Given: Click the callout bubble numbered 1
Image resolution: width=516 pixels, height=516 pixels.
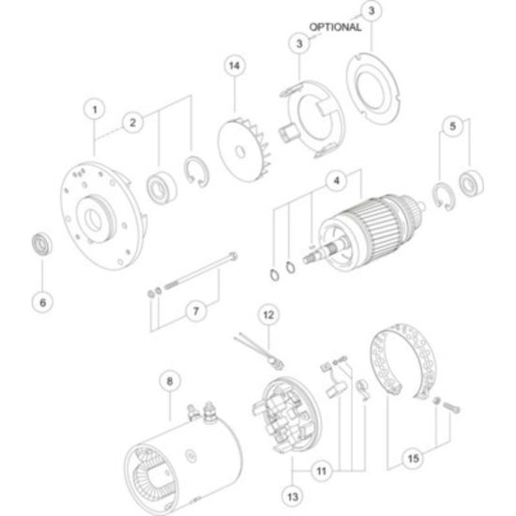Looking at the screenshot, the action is (x=95, y=109).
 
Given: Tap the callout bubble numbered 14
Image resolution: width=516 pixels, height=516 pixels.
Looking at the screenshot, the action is (x=235, y=66).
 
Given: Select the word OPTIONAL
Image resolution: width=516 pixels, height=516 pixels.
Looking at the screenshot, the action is (x=335, y=27).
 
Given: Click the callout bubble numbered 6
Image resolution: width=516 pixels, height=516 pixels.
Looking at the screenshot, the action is (x=43, y=302).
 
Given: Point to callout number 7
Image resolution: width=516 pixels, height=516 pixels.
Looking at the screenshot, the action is (x=196, y=311).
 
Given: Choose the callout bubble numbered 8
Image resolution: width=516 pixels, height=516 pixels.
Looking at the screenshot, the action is (x=170, y=381).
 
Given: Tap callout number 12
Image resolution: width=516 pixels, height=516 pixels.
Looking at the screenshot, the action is (x=269, y=315).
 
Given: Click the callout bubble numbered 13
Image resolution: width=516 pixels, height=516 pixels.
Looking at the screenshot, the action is (x=293, y=496).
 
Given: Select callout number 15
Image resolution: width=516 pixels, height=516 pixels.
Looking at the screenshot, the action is (x=414, y=459).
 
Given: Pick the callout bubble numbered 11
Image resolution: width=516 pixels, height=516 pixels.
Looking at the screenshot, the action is (x=322, y=471).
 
